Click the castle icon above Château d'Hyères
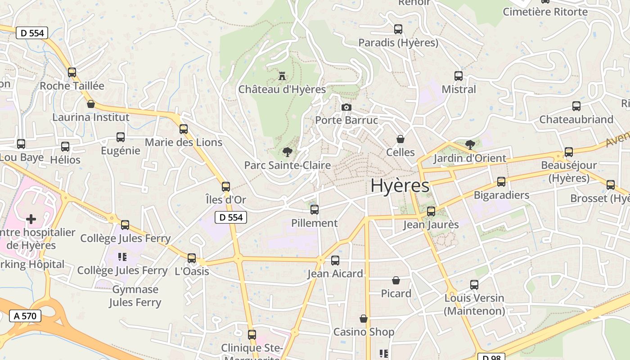pyautogui.click(x=282, y=76)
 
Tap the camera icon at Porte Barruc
pyautogui.click(x=346, y=107)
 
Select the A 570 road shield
pyautogui.click(x=25, y=316)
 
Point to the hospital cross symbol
pyautogui.click(x=31, y=219)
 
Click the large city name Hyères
pyautogui.click(x=400, y=185)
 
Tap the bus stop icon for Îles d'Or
pyautogui.click(x=226, y=186)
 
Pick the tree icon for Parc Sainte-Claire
pyautogui.click(x=287, y=152)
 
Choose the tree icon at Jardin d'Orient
pyautogui.click(x=470, y=145)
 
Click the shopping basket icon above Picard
pyautogui.click(x=396, y=281)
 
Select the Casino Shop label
pyautogui.click(x=364, y=332)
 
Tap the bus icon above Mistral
pyautogui.click(x=459, y=76)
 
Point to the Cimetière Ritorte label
pyautogui.click(x=545, y=12)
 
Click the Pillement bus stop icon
pyautogui.click(x=315, y=210)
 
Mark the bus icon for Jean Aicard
pyautogui.click(x=335, y=261)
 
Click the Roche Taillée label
pyautogui.click(x=72, y=85)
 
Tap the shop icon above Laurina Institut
pyautogui.click(x=91, y=104)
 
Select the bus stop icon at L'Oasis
pyautogui.click(x=192, y=258)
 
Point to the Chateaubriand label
pyautogui.click(x=576, y=119)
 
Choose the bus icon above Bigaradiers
pyautogui.click(x=501, y=182)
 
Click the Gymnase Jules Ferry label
pyautogui.click(x=135, y=296)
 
